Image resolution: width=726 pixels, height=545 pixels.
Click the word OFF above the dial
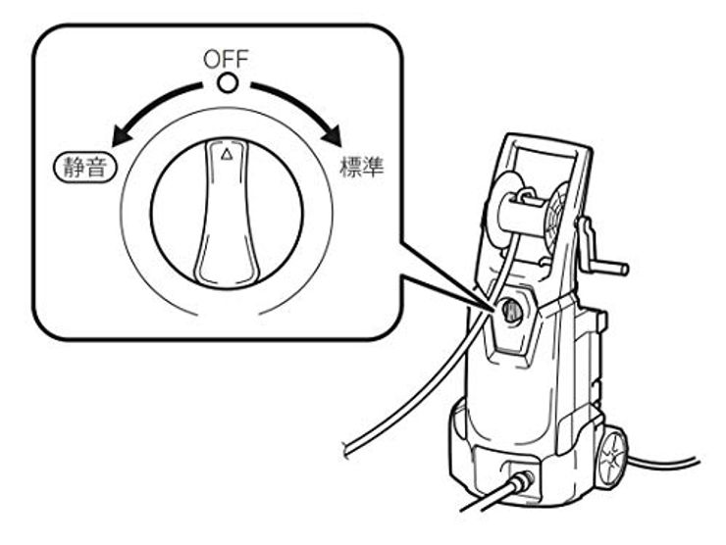pos(226,60)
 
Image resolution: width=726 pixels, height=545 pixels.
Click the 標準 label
pos(361,168)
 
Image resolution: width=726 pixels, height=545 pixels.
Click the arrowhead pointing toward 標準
pos(335,135)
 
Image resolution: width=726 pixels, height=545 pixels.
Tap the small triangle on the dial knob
pos(227,154)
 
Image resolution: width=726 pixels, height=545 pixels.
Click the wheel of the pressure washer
pos(612,455)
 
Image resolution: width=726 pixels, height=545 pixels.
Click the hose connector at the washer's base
pos(523,481)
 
